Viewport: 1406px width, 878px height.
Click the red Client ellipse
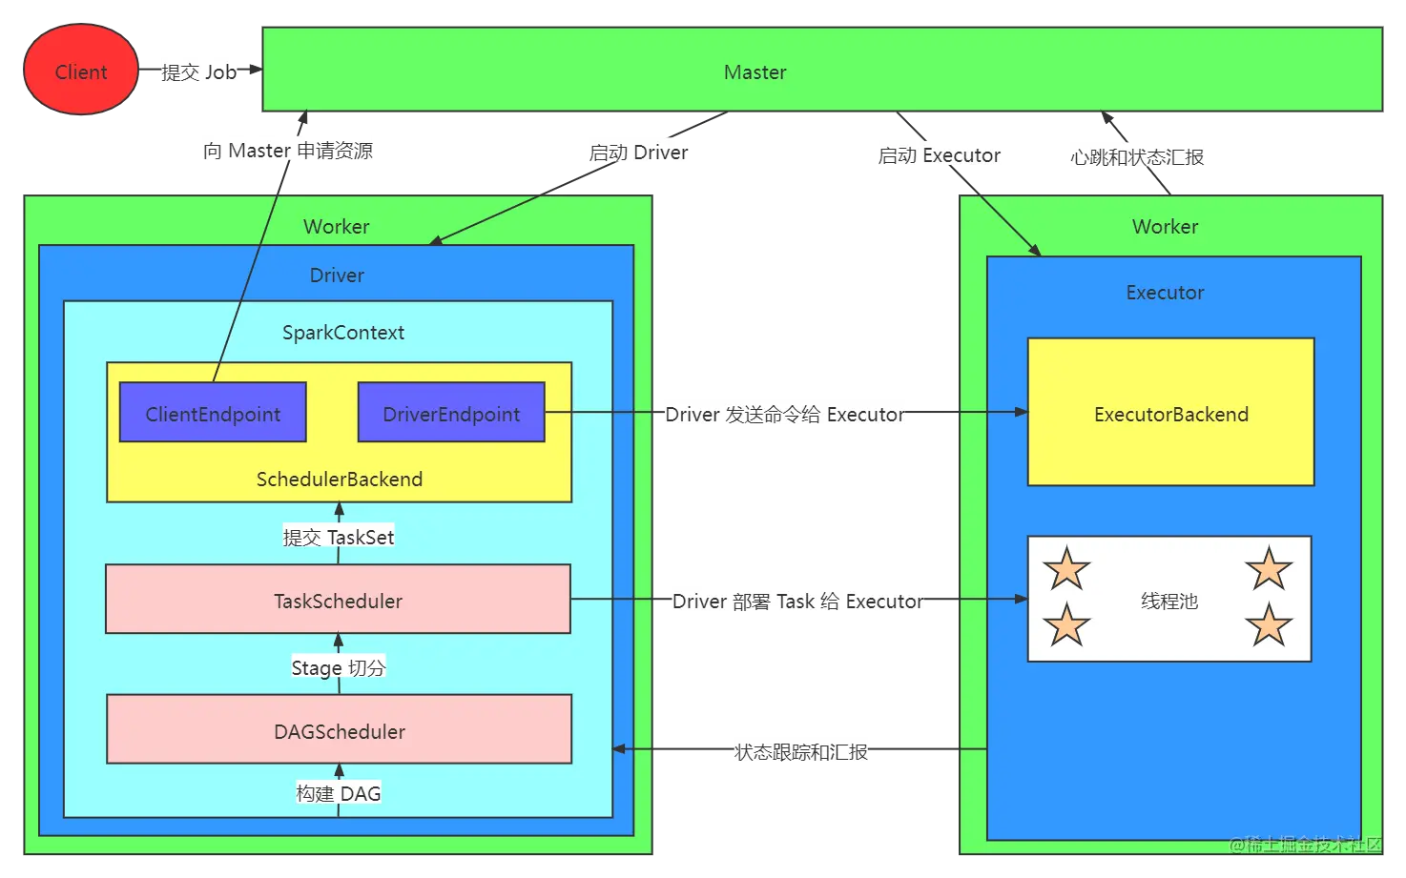81,71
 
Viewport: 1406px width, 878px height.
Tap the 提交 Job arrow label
199,72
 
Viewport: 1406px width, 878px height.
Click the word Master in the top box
755,72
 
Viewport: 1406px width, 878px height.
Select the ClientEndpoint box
213,414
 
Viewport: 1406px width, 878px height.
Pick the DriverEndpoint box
451,414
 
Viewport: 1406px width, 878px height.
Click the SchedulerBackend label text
339,480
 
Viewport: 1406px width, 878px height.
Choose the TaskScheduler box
338,601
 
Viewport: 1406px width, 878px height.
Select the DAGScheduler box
339,731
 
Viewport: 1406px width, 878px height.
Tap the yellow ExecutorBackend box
1170,414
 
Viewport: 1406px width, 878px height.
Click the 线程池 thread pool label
1169,602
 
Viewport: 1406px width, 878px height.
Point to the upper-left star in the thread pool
1066,570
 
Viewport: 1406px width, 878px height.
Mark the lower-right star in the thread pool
1269,626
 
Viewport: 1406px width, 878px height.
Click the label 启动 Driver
638,153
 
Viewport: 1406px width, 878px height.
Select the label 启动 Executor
940,155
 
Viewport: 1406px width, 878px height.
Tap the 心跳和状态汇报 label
1136,157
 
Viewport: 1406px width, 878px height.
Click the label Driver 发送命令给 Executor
785,415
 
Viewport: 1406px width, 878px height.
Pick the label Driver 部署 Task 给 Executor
799,602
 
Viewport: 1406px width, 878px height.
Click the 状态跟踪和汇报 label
800,752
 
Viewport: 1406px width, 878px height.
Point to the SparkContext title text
342,333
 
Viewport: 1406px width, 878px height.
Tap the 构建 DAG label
338,793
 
